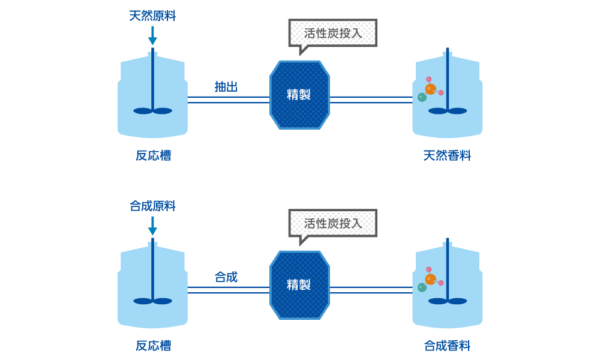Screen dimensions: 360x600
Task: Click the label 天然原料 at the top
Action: pyautogui.click(x=152, y=16)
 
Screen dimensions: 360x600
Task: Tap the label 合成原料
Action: pyautogui.click(x=152, y=206)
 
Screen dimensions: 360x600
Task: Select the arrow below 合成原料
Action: pyautogui.click(x=152, y=226)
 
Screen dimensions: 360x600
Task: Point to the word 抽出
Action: pyautogui.click(x=226, y=87)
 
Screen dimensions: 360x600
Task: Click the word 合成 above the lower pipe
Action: pyautogui.click(x=226, y=277)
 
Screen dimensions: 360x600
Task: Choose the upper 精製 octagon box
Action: pyautogui.click(x=299, y=95)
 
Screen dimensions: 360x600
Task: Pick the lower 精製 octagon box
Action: pyautogui.click(x=299, y=285)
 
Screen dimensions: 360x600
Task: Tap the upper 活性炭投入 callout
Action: pyautogui.click(x=332, y=33)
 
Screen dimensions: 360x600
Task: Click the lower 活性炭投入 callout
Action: pyautogui.click(x=332, y=223)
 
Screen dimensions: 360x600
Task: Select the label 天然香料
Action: pyautogui.click(x=447, y=156)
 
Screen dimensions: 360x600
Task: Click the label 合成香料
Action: pyautogui.click(x=447, y=346)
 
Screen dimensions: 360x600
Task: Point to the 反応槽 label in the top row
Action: pyautogui.click(x=152, y=156)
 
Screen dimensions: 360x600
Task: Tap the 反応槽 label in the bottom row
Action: pyautogui.click(x=152, y=346)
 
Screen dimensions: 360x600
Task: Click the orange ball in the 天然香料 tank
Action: pyautogui.click(x=430, y=89)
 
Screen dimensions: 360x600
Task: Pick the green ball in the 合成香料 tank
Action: pyautogui.click(x=422, y=287)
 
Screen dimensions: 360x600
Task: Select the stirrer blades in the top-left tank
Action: pyautogui.click(x=152, y=110)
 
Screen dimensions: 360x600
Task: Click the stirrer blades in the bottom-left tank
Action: pyautogui.click(x=152, y=301)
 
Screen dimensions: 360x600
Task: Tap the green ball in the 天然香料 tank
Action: pyautogui.click(x=422, y=97)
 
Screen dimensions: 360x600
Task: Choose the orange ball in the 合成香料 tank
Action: pyautogui.click(x=430, y=280)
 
